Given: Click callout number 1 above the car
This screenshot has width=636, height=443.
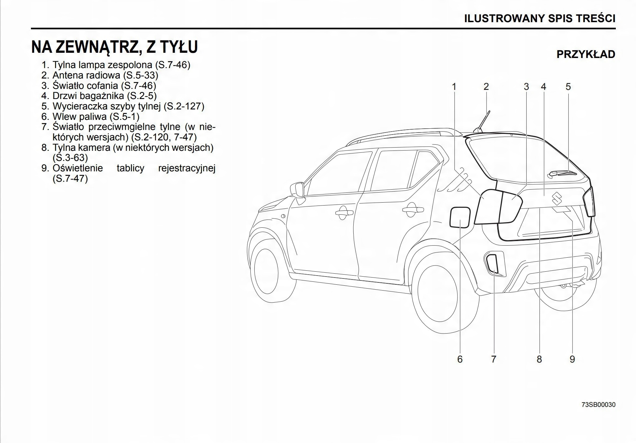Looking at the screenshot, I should pyautogui.click(x=454, y=87).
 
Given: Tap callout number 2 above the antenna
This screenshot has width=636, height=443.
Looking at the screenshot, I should pyautogui.click(x=486, y=87).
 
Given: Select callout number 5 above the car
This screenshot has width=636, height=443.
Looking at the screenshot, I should pyautogui.click(x=568, y=87).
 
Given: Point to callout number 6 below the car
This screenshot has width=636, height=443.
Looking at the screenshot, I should pyautogui.click(x=460, y=359).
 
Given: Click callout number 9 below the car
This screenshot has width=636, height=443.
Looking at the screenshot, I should pyautogui.click(x=572, y=359).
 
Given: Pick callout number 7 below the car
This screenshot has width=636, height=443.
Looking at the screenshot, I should pyautogui.click(x=494, y=359).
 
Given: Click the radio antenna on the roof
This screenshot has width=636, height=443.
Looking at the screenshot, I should pyautogui.click(x=483, y=122).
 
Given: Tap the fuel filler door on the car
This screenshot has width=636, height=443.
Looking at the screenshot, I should pyautogui.click(x=460, y=217).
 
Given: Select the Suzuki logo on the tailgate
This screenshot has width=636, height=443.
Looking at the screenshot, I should pyautogui.click(x=557, y=198).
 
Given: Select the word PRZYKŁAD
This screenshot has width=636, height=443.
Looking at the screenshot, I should pyautogui.click(x=586, y=54).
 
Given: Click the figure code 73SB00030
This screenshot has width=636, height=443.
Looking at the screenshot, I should pyautogui.click(x=598, y=405).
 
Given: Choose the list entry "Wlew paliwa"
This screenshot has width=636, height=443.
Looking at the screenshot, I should pyautogui.click(x=79, y=117).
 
